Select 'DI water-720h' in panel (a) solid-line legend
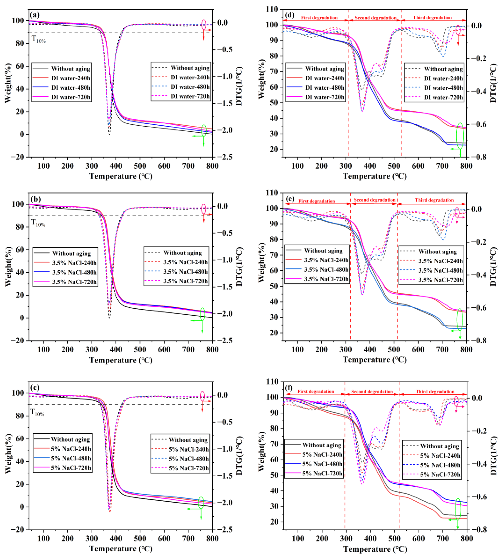click(x=71, y=97)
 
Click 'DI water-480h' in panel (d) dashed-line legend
click(x=443, y=88)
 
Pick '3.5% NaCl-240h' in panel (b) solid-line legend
click(x=74, y=263)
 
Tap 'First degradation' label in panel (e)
click(x=316, y=201)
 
